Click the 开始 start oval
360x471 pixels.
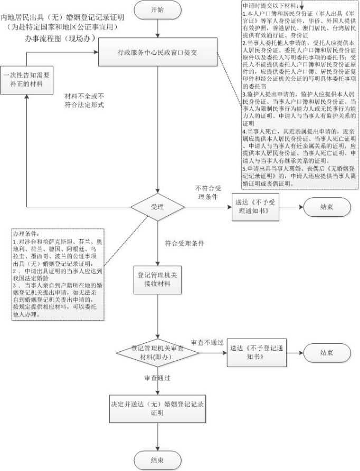pyautogui.click(x=158, y=9)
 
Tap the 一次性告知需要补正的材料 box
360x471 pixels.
pyautogui.click(x=26, y=80)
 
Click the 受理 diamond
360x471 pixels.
pyautogui.click(x=158, y=207)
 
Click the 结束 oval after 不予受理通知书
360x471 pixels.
pyautogui.click(x=327, y=207)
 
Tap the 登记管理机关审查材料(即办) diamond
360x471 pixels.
pyautogui.click(x=158, y=352)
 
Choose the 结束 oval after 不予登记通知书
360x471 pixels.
pyautogui.click(x=327, y=352)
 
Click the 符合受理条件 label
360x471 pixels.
pyautogui.click(x=185, y=244)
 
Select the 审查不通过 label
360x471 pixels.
pyautogui.click(x=207, y=342)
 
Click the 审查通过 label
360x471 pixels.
pyautogui.click(x=157, y=378)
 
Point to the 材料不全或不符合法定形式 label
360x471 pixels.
pyautogui.click(x=84, y=100)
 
